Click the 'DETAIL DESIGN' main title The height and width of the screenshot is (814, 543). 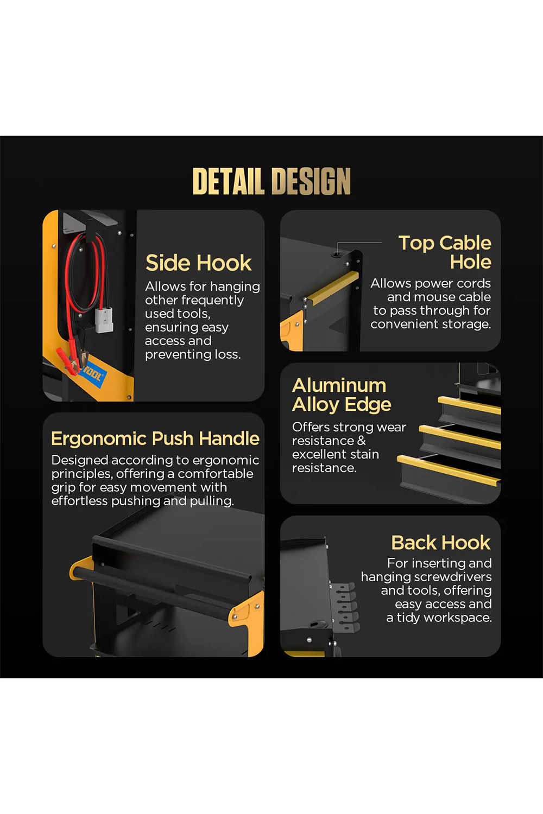pos(271,181)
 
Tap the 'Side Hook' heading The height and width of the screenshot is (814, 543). pos(199,263)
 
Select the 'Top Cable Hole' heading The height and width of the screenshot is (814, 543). pos(445,252)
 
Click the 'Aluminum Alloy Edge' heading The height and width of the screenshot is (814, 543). pos(342,396)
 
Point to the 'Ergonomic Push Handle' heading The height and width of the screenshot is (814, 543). pos(155,438)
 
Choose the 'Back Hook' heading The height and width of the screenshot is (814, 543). pos(441,543)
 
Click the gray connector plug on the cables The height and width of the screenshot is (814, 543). pos(104,320)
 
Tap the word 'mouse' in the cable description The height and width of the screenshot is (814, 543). pos(429,297)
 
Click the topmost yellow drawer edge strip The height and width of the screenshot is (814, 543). pos(469,405)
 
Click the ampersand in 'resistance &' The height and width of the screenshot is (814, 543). pos(361,441)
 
